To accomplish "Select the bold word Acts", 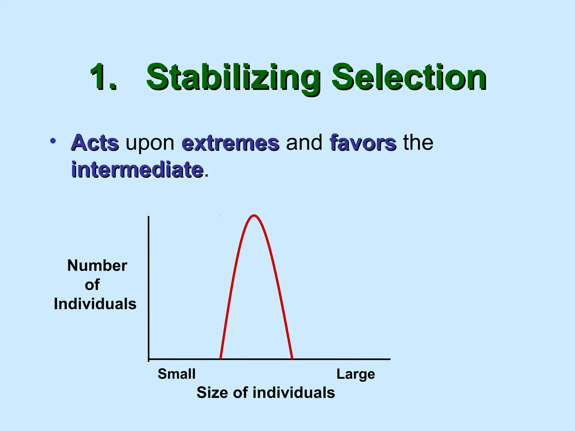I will pos(95,143).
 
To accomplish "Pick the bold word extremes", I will pos(230,143).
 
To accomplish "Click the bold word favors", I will pos(363,143).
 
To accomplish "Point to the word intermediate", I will pos(137,170).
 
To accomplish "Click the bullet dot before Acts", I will pos(53,141).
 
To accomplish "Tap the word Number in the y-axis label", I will pos(97,265).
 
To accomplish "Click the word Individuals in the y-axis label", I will pos(95,304).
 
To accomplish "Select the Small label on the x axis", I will pos(176,374).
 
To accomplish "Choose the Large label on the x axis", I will pos(355,374).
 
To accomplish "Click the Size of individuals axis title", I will pos(266,393).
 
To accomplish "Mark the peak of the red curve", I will pos(254,216).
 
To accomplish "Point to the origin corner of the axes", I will pos(149,359).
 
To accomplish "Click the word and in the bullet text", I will pos(304,143).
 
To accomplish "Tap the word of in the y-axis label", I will pos(92,285).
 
